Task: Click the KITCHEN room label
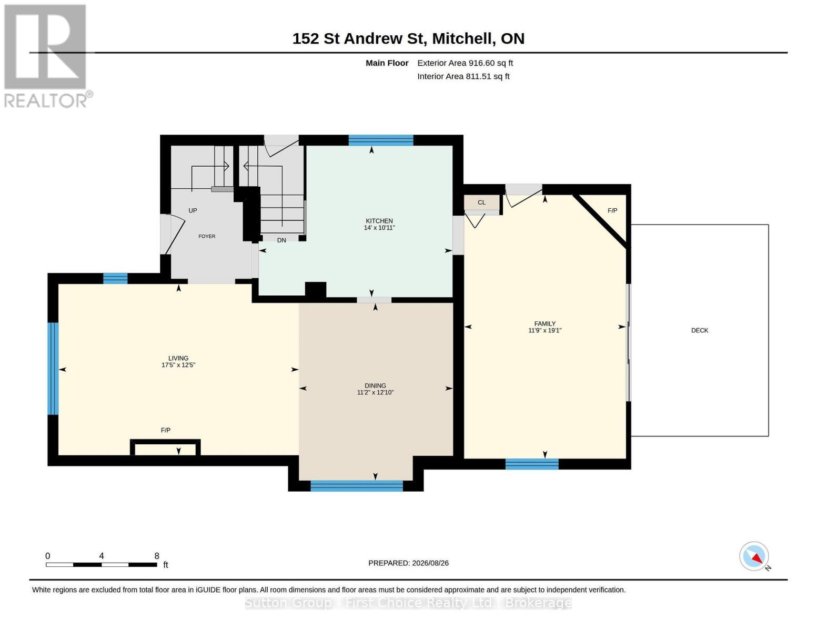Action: [x=379, y=221]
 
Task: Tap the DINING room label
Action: [x=375, y=385]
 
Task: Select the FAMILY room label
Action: [x=545, y=323]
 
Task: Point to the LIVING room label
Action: [x=178, y=358]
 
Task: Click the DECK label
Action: [x=699, y=330]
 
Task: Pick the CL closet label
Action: [x=482, y=202]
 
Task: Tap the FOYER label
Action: [x=207, y=236]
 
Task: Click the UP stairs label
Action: [x=193, y=210]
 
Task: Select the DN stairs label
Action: [x=281, y=240]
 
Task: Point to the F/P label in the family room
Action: [x=612, y=210]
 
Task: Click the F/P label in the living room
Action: [x=165, y=430]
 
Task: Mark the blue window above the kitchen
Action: [x=380, y=140]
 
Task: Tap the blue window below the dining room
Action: [x=357, y=485]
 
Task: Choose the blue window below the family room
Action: [x=532, y=464]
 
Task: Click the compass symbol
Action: [x=754, y=556]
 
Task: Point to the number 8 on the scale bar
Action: [x=157, y=556]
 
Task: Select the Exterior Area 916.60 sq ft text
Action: [x=465, y=63]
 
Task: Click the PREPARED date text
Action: [x=408, y=563]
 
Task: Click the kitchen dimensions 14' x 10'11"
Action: [x=379, y=228]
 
